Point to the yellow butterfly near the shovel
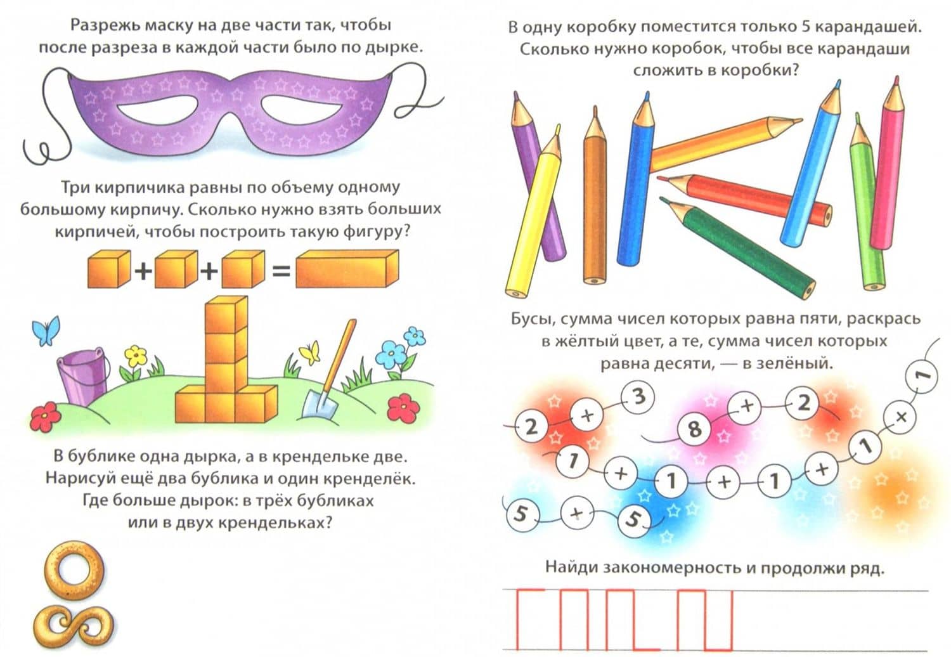[x=311, y=353]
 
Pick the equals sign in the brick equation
[x=281, y=271]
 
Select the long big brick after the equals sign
[x=347, y=268]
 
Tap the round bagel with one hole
[x=75, y=569]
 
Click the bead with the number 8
[x=694, y=429]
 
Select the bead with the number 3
[x=638, y=397]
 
